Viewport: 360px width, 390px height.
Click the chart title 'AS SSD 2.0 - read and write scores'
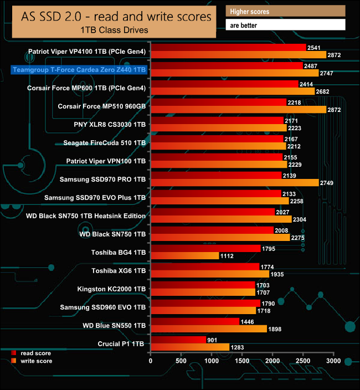click(117, 17)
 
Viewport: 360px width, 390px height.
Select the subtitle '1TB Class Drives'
click(117, 29)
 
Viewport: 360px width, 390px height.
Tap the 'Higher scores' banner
click(285, 12)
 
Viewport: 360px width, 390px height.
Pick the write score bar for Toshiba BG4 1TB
click(184, 256)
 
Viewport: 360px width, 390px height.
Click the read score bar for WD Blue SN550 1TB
click(194, 321)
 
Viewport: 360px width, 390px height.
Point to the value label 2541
click(314, 47)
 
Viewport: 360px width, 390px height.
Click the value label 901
click(213, 340)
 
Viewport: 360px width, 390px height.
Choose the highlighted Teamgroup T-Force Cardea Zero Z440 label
click(79, 70)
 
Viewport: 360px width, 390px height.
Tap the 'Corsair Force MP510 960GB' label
click(102, 106)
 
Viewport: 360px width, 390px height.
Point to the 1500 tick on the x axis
click(242, 361)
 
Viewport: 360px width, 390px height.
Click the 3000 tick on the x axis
click(333, 361)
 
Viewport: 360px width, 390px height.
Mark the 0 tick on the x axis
click(151, 361)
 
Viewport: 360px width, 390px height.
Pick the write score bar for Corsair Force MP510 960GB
click(238, 110)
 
